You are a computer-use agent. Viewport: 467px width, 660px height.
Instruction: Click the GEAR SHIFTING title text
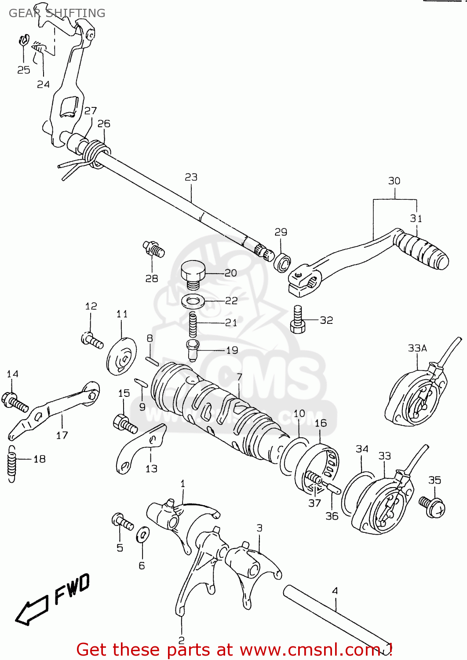pyautogui.click(x=57, y=13)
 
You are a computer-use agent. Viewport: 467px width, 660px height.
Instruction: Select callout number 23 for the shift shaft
pyautogui.click(x=191, y=177)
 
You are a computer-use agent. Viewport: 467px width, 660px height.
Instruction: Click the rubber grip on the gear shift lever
pyautogui.click(x=422, y=251)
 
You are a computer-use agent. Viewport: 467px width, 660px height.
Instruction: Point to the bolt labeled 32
pyautogui.click(x=298, y=320)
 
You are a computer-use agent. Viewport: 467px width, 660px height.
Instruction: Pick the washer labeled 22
pyautogui.click(x=193, y=302)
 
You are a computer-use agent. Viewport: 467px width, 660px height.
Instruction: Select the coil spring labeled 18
pyautogui.click(x=12, y=464)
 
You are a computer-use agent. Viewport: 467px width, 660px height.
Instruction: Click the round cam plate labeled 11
pyautogui.click(x=121, y=356)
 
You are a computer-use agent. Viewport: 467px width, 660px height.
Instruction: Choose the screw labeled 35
pyautogui.click(x=432, y=506)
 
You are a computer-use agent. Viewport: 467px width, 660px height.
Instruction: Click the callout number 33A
pyautogui.click(x=417, y=348)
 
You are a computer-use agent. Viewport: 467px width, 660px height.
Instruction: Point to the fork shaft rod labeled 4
pyautogui.click(x=336, y=620)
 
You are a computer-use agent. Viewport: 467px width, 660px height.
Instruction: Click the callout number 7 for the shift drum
pyautogui.click(x=239, y=377)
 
